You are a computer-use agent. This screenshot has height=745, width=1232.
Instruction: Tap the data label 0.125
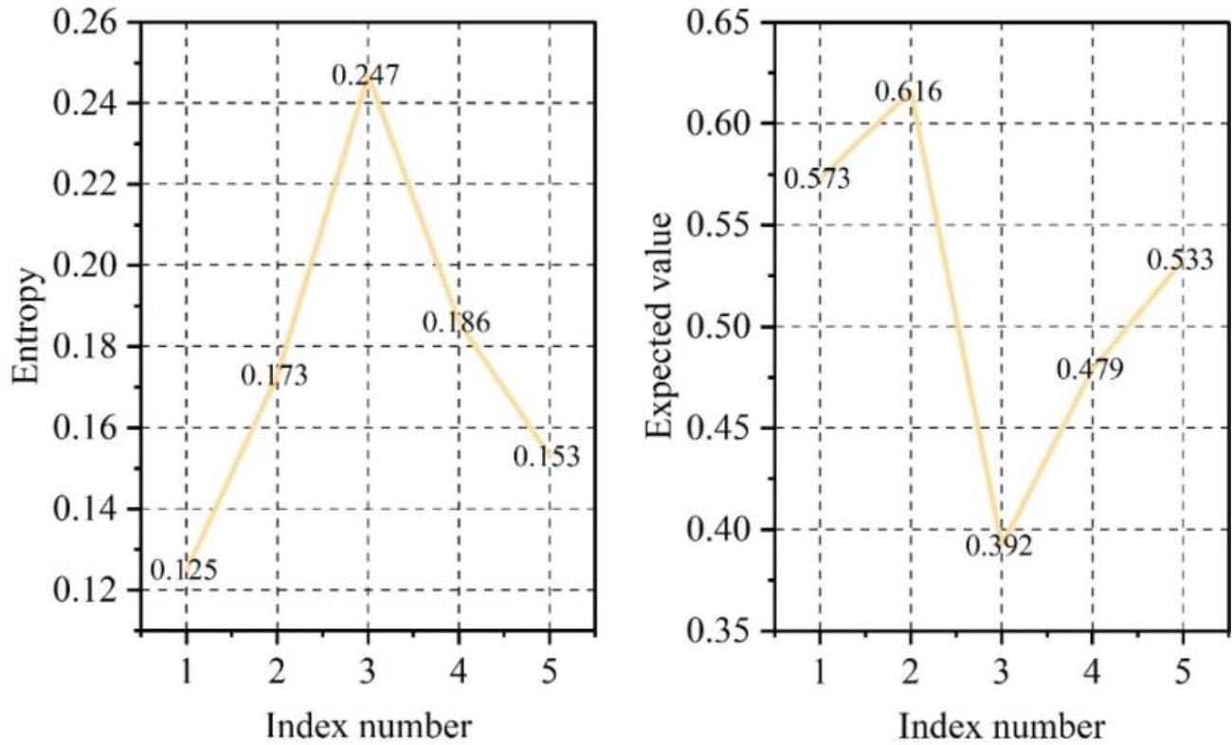point(184,570)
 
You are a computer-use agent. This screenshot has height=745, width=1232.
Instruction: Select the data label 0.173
point(274,375)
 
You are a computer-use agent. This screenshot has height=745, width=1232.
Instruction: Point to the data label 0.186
point(456,322)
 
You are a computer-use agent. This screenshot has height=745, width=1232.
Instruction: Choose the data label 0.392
point(999,546)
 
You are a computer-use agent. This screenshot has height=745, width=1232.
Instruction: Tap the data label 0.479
point(1090,368)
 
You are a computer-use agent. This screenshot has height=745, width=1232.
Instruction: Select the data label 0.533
point(1180,259)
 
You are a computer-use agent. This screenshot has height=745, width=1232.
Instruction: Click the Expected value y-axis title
point(660,327)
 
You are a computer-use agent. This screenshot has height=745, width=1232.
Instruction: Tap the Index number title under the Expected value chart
point(1001,726)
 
